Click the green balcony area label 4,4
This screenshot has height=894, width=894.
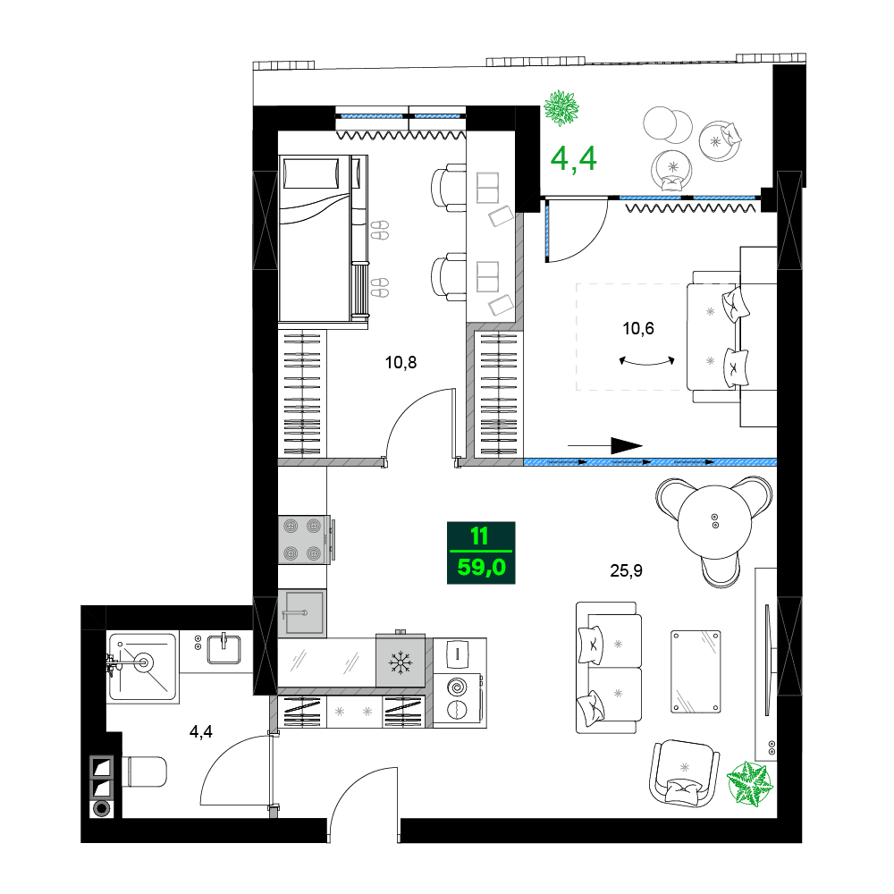point(573,158)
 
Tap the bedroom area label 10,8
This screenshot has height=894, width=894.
point(401,362)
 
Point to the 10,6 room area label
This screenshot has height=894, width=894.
point(638,328)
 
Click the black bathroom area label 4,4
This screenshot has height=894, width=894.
point(202,732)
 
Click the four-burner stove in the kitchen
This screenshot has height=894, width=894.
point(302,540)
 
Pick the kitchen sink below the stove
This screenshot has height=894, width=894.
point(301,613)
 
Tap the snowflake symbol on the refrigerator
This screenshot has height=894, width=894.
point(401,662)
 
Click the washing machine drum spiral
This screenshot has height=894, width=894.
point(458,687)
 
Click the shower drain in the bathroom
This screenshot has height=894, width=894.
point(142,662)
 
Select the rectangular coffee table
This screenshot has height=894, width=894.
point(696,670)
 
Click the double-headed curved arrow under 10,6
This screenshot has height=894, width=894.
point(646,360)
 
